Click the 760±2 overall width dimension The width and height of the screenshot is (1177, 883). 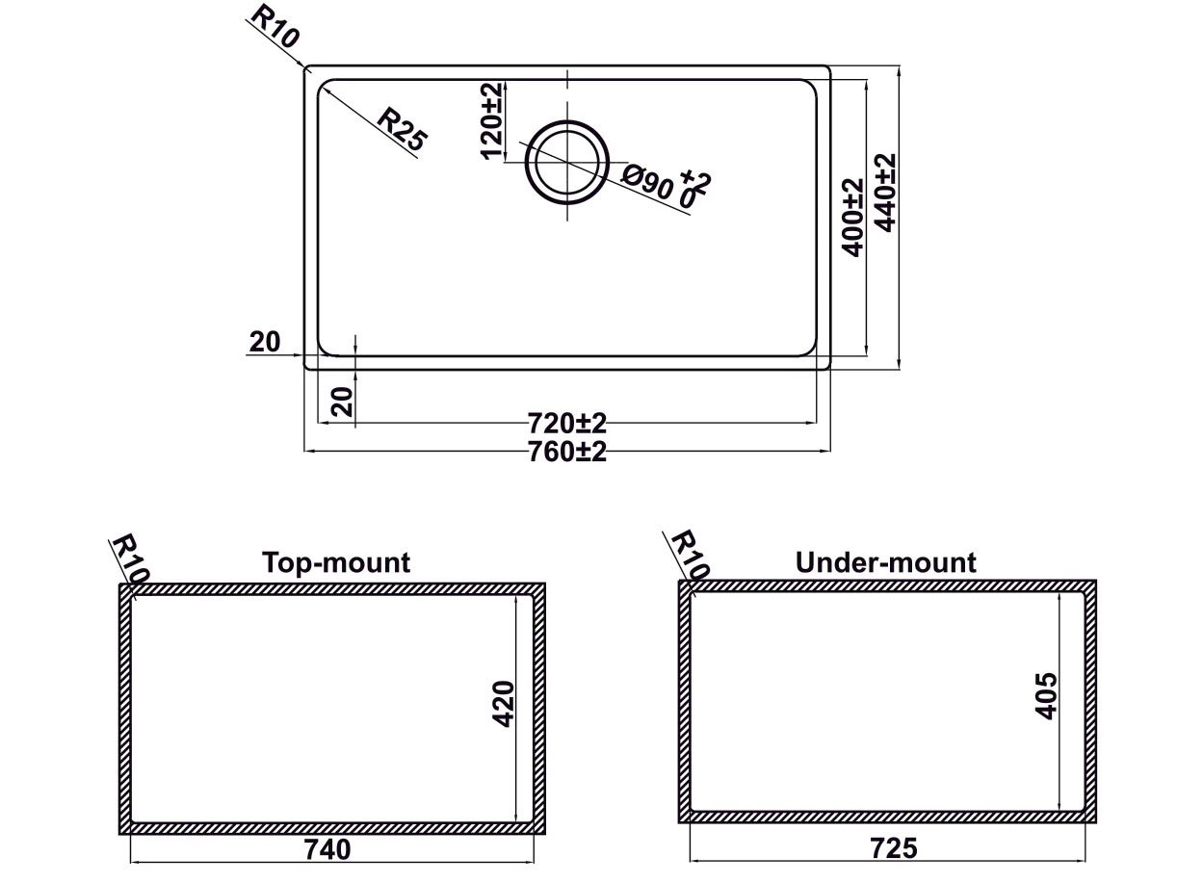pyautogui.click(x=567, y=451)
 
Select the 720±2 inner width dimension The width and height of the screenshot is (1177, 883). pyautogui.click(x=567, y=424)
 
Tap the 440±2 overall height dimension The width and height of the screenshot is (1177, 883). pyautogui.click(x=886, y=192)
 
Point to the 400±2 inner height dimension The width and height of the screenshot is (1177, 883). pyautogui.click(x=852, y=217)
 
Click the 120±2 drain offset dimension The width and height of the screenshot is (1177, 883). pyautogui.click(x=491, y=121)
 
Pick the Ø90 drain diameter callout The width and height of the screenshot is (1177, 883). pyautogui.click(x=647, y=181)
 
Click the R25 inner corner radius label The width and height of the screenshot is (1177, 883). pyautogui.click(x=401, y=130)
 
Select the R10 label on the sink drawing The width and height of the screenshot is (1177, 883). pyautogui.click(x=275, y=26)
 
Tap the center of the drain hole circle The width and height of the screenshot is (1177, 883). pyautogui.click(x=566, y=163)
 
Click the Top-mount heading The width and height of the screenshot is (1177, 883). pyautogui.click(x=336, y=562)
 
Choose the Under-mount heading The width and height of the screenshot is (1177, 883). pyautogui.click(x=885, y=562)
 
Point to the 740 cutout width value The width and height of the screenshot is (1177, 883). pyautogui.click(x=329, y=850)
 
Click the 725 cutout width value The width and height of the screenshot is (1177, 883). pyautogui.click(x=894, y=849)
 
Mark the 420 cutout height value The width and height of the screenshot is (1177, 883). pyautogui.click(x=503, y=704)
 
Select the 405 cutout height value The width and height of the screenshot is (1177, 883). pyautogui.click(x=1046, y=695)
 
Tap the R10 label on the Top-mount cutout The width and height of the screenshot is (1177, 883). pyautogui.click(x=129, y=559)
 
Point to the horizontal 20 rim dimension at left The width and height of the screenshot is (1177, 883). pyautogui.click(x=264, y=341)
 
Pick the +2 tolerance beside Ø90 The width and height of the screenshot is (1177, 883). pyautogui.click(x=695, y=180)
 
